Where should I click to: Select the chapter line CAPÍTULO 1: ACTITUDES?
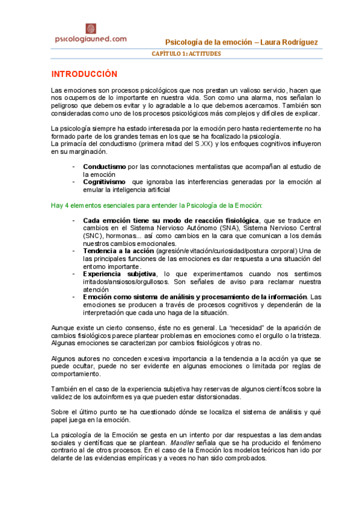[x=186, y=54]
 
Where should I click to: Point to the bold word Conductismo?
[x=105, y=166]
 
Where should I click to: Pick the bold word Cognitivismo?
[x=105, y=181]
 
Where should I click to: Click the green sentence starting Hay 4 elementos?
[x=156, y=205]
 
